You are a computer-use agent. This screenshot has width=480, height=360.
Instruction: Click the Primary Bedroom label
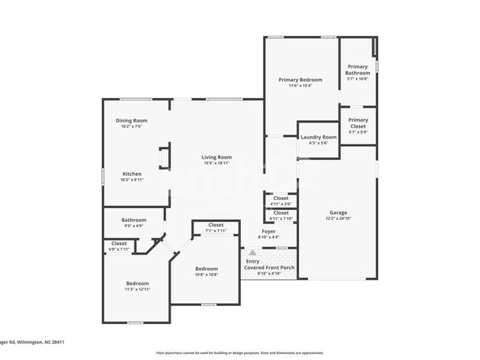pyautogui.click(x=300, y=80)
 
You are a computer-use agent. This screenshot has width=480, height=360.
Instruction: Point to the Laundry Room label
pyautogui.click(x=318, y=137)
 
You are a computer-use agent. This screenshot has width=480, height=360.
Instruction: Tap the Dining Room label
pyautogui.click(x=131, y=120)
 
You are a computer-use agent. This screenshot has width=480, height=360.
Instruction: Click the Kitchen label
pyautogui.click(x=131, y=174)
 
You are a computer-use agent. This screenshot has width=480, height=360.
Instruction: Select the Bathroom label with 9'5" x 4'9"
pyautogui.click(x=134, y=220)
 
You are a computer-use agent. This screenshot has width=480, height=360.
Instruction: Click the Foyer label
pyautogui.click(x=269, y=232)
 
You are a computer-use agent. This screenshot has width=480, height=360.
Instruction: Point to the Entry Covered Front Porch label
pyautogui.click(x=269, y=264)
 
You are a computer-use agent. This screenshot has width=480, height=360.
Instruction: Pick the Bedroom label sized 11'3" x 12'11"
pyautogui.click(x=137, y=284)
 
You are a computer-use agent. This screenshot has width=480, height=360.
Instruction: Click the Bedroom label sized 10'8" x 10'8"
pyautogui.click(x=206, y=269)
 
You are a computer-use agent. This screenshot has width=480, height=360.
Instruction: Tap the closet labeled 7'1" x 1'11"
pyautogui.click(x=216, y=225)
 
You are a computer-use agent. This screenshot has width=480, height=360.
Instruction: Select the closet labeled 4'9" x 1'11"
pyautogui.click(x=119, y=243)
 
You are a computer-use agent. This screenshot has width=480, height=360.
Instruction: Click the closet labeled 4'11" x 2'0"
pyautogui.click(x=281, y=198)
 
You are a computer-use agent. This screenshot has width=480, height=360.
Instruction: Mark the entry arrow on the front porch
pyautogui.click(x=251, y=252)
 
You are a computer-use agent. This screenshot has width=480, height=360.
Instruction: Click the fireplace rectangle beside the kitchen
pyautogui.click(x=165, y=158)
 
